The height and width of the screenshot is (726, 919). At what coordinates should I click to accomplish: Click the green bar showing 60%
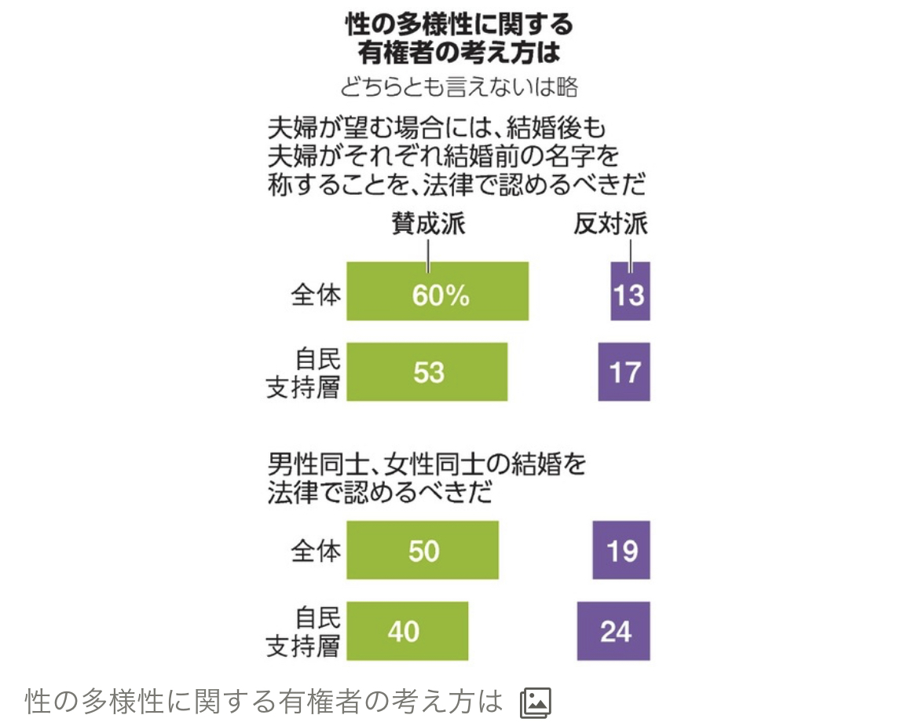pos(438,291)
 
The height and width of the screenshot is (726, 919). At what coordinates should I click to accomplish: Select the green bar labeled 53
pos(427,372)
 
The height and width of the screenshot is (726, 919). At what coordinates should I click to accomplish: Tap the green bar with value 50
pos(423,550)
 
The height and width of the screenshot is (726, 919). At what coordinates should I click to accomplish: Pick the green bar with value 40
pos(407,631)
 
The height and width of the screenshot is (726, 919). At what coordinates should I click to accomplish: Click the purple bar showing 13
pos(630,291)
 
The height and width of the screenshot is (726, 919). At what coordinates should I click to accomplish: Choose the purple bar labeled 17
pos(624,372)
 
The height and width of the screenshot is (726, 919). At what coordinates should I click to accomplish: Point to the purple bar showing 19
pos(621,550)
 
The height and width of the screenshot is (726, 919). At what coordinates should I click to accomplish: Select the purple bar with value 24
pos(613,631)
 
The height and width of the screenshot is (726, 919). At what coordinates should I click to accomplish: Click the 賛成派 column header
pos(428,225)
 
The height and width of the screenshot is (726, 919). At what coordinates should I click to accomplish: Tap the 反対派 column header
pos(610,225)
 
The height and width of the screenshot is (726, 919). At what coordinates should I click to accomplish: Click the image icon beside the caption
pos(536,702)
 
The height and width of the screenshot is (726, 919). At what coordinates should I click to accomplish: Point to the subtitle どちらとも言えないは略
pos(459,87)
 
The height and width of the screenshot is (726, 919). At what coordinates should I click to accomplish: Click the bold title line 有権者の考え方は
pos(459,53)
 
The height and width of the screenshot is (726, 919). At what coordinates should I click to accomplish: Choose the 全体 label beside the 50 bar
pos(316,552)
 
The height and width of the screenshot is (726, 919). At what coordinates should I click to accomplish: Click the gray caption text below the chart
pos(264,702)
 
